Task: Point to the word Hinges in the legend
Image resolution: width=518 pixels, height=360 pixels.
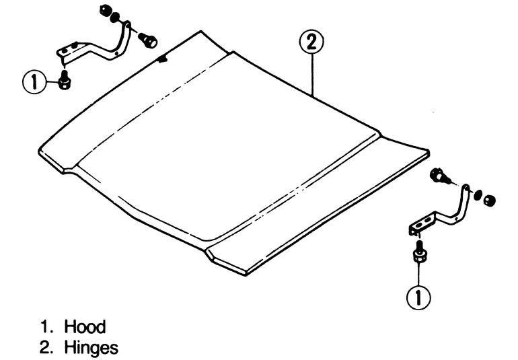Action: [91, 348]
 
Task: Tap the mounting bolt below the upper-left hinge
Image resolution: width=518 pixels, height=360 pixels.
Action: [65, 81]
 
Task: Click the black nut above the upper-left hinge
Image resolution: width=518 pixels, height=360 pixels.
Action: [104, 11]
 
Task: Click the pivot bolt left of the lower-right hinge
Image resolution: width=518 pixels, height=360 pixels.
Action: [441, 176]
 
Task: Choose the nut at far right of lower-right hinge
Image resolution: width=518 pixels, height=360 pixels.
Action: [490, 201]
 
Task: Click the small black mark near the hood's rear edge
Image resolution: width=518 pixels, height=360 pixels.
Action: [161, 59]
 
